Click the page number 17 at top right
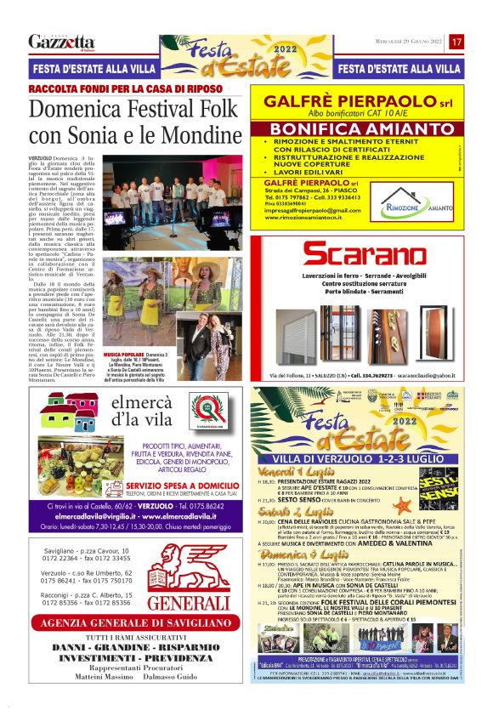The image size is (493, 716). point(456,42)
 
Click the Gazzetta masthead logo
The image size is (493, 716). point(61,43)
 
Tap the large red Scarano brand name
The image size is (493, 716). point(365,253)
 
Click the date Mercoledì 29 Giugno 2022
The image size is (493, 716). point(410,42)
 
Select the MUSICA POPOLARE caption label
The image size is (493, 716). point(124,352)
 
